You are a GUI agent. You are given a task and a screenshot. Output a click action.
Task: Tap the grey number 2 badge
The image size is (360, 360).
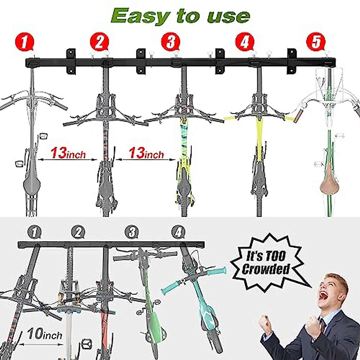coord(78,232)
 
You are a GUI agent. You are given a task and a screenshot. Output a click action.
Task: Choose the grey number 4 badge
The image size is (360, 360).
coord(179,232)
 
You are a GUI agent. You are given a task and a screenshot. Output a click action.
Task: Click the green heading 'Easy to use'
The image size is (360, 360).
coord(180,16)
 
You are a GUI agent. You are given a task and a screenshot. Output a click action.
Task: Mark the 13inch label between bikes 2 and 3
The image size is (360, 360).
coord(146,153)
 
